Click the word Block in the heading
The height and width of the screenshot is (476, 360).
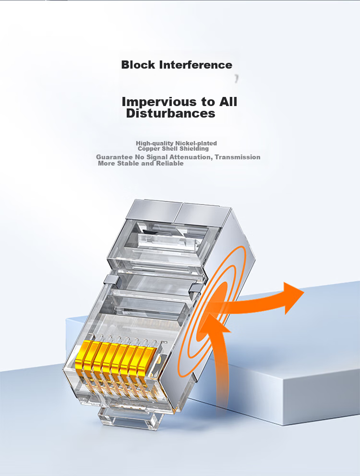[138, 65]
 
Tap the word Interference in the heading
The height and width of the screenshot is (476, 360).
[196, 65]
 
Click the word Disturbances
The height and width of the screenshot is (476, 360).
[171, 113]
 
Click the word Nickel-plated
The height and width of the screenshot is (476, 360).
[196, 143]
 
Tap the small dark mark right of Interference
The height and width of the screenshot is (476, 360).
[236, 79]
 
